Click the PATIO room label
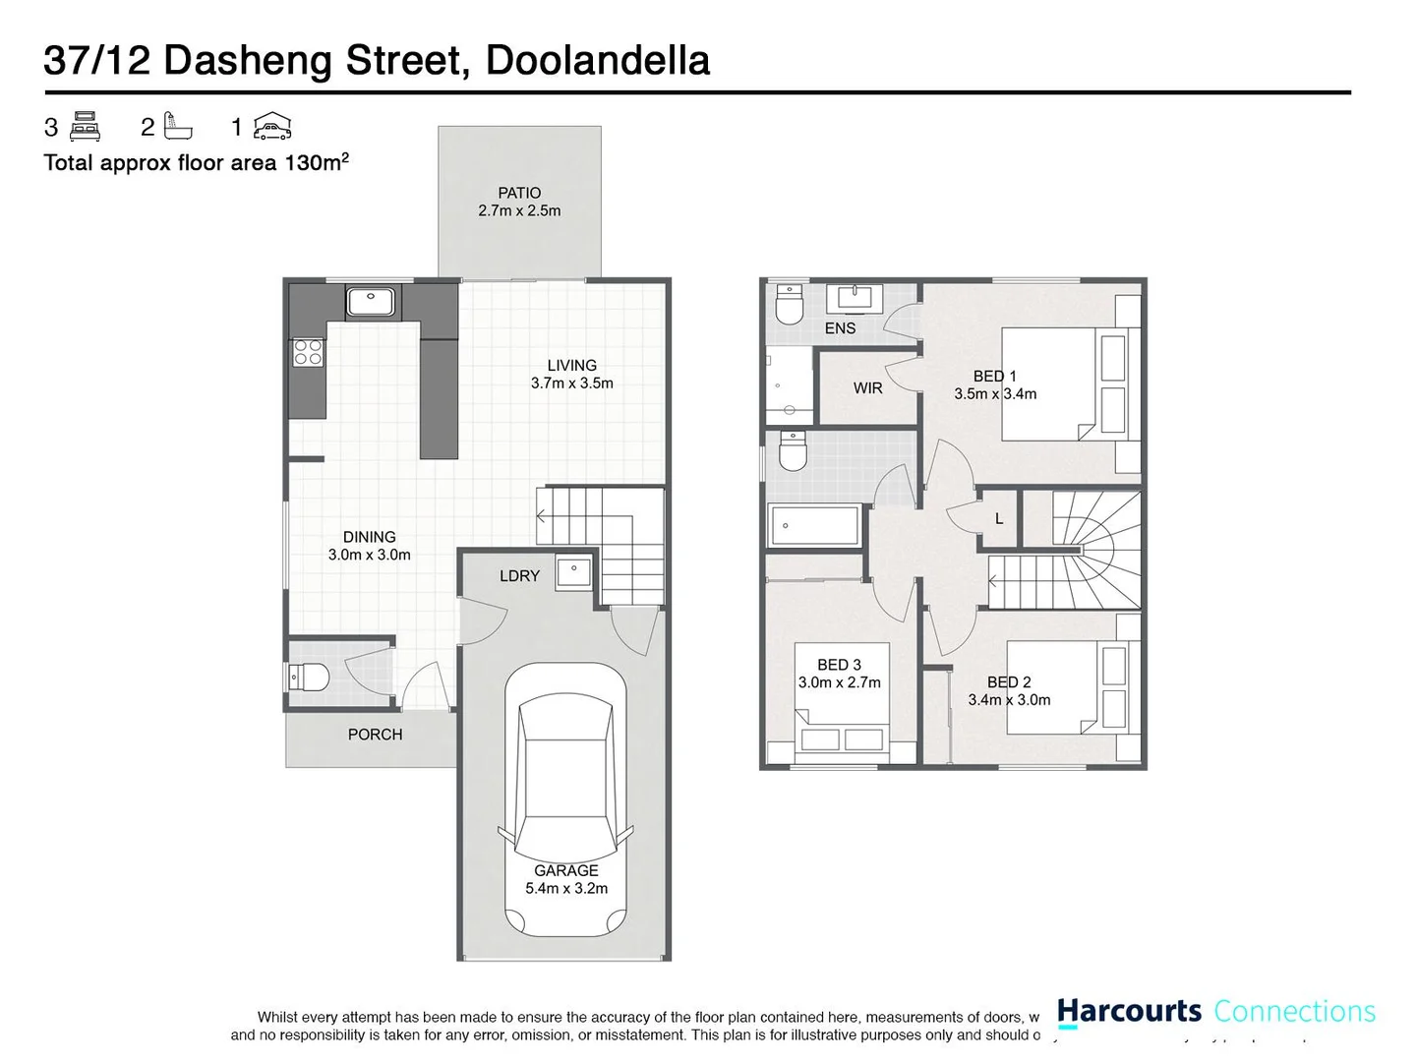pos(519,194)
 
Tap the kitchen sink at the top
pos(371,300)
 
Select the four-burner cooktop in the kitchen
pos(308,352)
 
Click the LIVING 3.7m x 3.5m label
pos(571,375)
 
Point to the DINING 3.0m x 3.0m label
pos(369,546)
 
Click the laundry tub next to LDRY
pos(573,572)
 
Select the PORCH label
pos(375,735)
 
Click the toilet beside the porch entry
pos(308,678)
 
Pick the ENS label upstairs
pos(840,328)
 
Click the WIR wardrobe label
pos(867,388)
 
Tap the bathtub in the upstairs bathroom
pos(815,525)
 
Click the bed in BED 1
pos(1062,384)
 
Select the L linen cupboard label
pos(999,519)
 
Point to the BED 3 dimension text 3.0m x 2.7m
pos(839,682)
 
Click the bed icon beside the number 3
pos(86,127)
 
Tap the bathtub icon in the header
pos(178,127)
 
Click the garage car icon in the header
pos(272,126)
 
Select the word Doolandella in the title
pos(597,60)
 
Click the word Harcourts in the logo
pos(1129,1011)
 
